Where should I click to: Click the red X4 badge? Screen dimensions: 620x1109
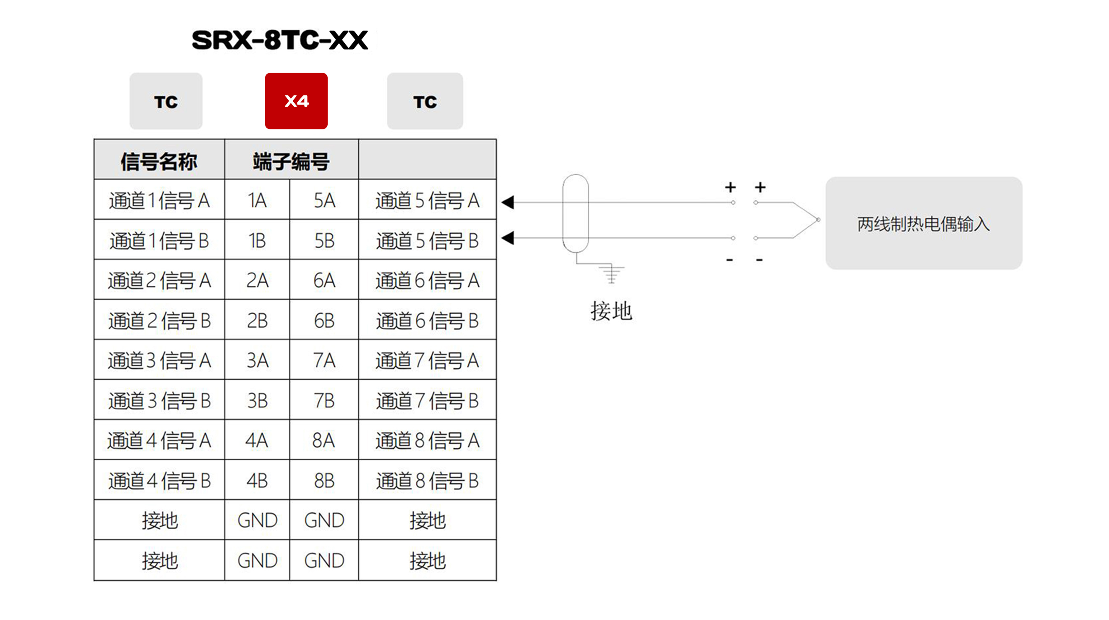coord(296,101)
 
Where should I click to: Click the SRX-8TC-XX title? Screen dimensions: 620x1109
coord(280,40)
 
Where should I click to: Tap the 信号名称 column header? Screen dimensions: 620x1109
coord(159,161)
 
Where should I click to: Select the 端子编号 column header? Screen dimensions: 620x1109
coord(292,161)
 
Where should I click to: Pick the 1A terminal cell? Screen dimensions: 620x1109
coord(257,201)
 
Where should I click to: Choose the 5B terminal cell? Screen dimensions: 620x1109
coord(324,241)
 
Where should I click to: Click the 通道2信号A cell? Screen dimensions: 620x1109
coord(159,281)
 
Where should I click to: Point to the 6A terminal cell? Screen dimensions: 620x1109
coord(324,281)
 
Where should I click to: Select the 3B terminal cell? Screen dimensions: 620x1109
coord(257,401)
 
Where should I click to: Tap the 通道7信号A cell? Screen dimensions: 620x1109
coord(427,361)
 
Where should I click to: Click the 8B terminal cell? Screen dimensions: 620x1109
coord(324,481)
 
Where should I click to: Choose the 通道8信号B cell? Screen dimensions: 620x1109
coord(427,481)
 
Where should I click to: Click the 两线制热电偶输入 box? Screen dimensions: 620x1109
coord(923,223)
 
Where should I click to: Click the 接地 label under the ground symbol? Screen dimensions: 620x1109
coord(611,311)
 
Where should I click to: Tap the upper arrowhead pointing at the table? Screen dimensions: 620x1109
coord(508,202)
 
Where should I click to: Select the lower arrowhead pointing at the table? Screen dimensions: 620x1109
coord(508,238)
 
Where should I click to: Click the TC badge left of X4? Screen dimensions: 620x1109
coord(166,102)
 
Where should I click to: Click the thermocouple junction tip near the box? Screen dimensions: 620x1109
coord(818,220)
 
